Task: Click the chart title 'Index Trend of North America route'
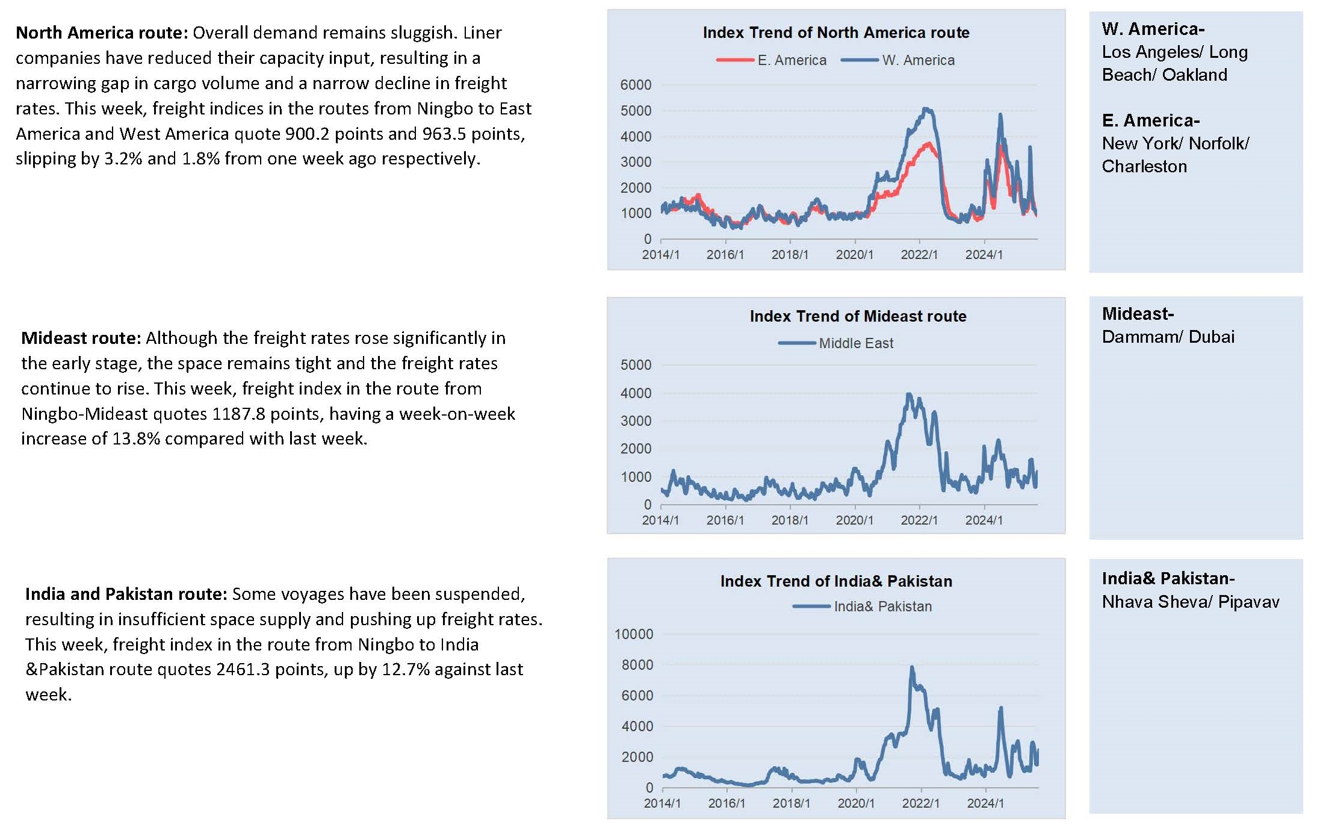(836, 33)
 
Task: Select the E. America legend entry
(771, 60)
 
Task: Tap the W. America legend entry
(897, 60)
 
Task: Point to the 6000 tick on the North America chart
(636, 85)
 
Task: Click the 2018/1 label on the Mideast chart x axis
(790, 520)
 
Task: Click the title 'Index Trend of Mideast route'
(858, 316)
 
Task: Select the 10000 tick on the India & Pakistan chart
(634, 634)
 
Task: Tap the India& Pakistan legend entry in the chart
(862, 607)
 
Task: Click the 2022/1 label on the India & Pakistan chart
(920, 803)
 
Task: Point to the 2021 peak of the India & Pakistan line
(912, 667)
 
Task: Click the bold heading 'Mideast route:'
(81, 338)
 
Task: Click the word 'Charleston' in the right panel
(1144, 166)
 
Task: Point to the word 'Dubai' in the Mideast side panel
(1212, 337)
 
